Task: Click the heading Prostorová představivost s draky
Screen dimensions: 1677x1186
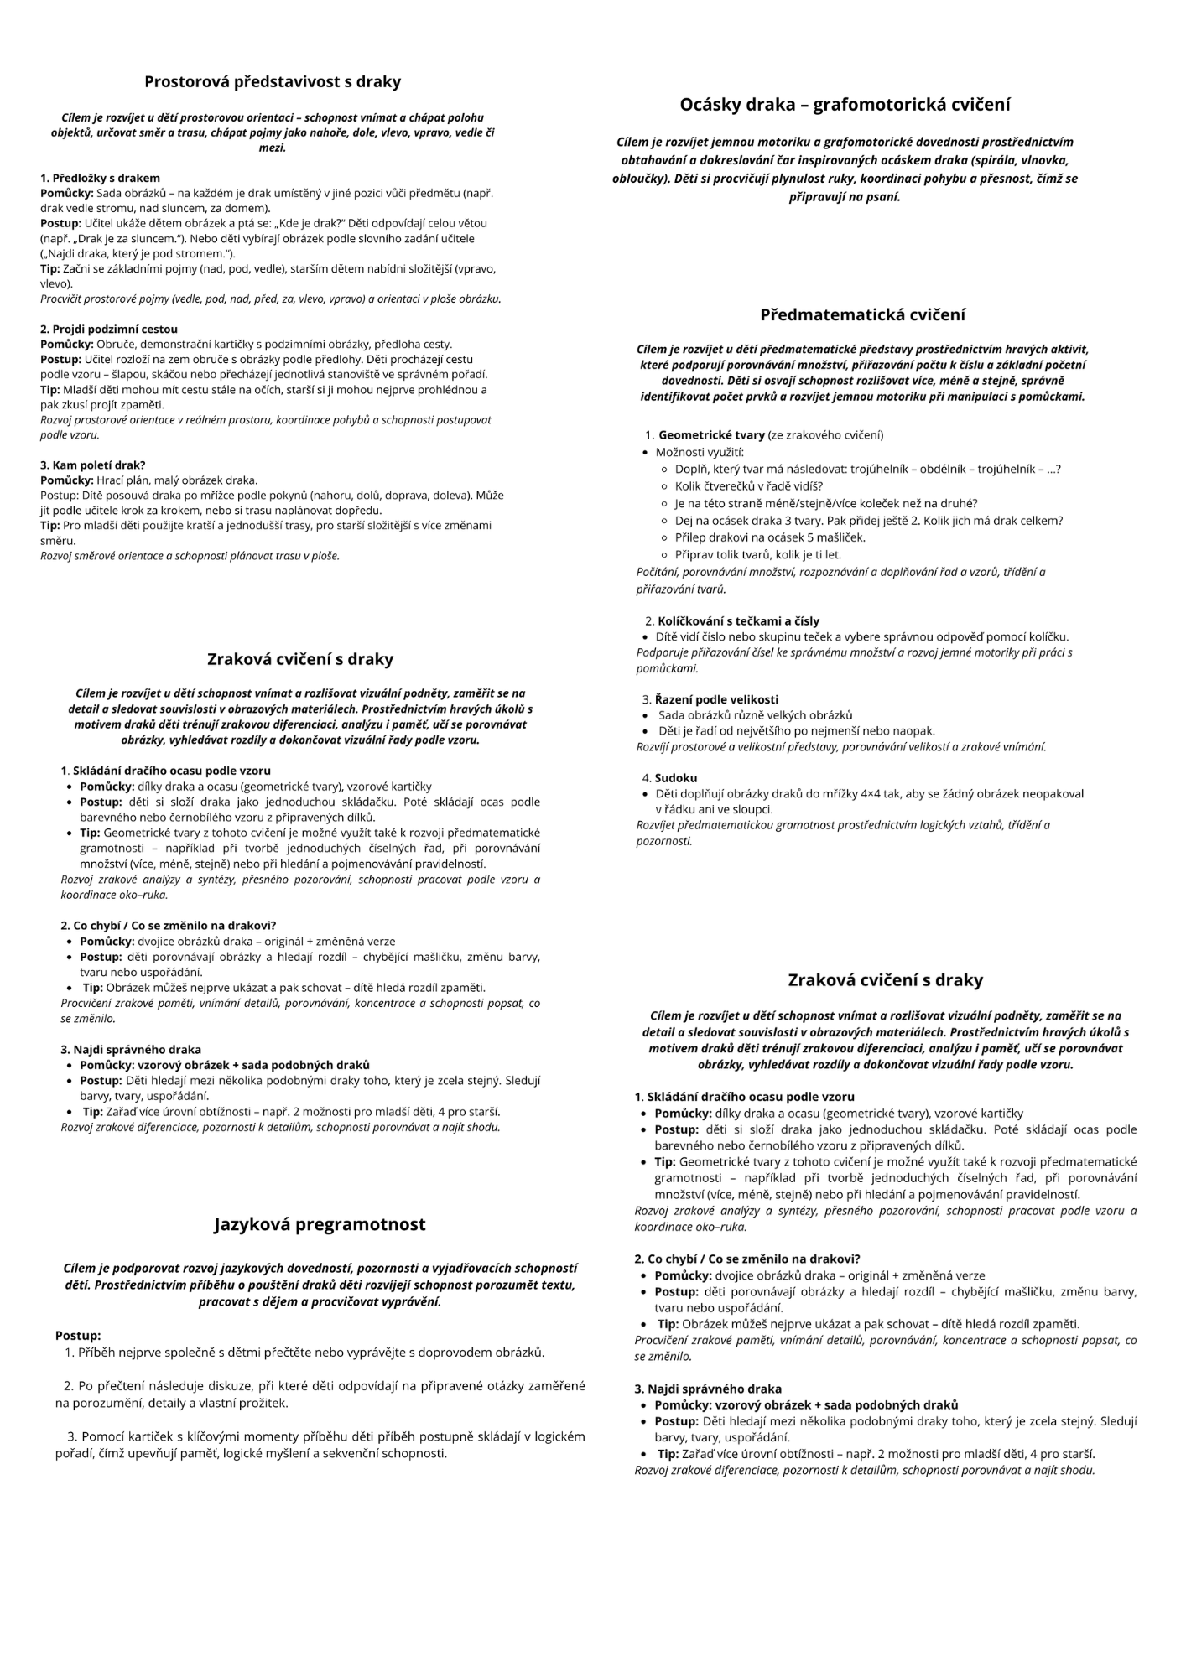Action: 273,82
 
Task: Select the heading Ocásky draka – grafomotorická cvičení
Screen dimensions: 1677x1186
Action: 845,105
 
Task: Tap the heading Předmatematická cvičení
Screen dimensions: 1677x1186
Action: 862,315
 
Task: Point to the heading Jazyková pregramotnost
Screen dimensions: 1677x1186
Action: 320,1224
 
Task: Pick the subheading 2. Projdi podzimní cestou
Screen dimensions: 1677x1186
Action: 109,329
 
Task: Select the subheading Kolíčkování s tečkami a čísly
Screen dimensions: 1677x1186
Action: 738,621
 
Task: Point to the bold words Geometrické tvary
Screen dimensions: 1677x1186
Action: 711,435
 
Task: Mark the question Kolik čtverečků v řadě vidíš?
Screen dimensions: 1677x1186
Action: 748,486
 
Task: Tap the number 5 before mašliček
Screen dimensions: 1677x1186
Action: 812,537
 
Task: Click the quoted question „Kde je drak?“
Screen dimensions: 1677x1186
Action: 302,223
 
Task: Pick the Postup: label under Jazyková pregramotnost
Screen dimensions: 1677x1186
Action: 78,1335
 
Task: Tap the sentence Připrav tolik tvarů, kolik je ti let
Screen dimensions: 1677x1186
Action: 757,555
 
